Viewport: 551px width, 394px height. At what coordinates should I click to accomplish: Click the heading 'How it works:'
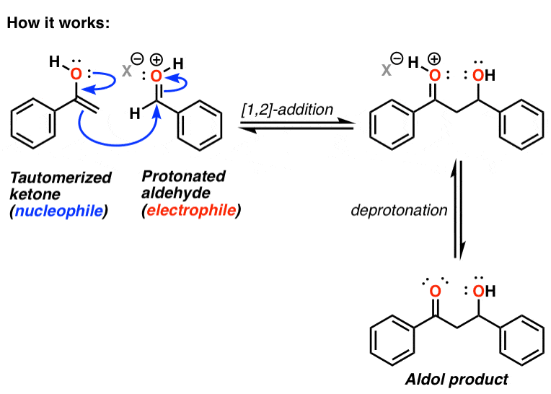[x=58, y=22]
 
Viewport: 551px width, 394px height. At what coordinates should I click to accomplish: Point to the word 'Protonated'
[x=184, y=177]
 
